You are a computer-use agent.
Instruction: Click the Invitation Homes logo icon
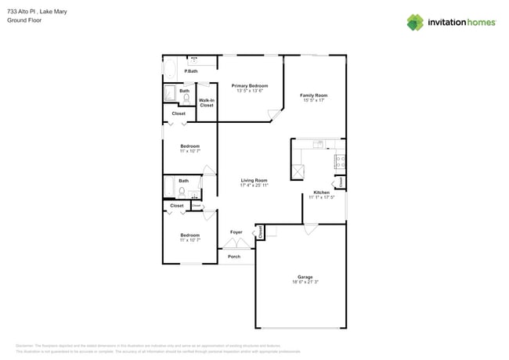pyautogui.click(x=415, y=22)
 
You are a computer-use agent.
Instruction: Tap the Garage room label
pyautogui.click(x=304, y=277)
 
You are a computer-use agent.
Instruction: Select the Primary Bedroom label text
pyautogui.click(x=250, y=85)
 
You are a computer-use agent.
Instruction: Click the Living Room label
pyautogui.click(x=254, y=180)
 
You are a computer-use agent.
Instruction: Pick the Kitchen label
pyautogui.click(x=321, y=193)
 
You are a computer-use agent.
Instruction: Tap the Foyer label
pyautogui.click(x=236, y=232)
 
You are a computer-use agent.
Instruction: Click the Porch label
pyautogui.click(x=233, y=257)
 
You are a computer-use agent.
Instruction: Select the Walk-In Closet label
pyautogui.click(x=207, y=103)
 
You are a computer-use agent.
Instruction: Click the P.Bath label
pyautogui.click(x=190, y=72)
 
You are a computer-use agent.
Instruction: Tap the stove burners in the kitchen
pyautogui.click(x=340, y=163)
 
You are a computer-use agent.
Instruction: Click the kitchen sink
pyautogui.click(x=319, y=144)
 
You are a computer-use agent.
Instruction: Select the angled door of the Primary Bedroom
pyautogui.click(x=273, y=116)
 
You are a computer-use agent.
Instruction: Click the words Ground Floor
pyautogui.click(x=23, y=20)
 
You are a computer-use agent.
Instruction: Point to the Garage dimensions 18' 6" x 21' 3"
pyautogui.click(x=304, y=283)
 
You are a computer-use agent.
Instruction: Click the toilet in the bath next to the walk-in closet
pyautogui.click(x=186, y=98)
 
